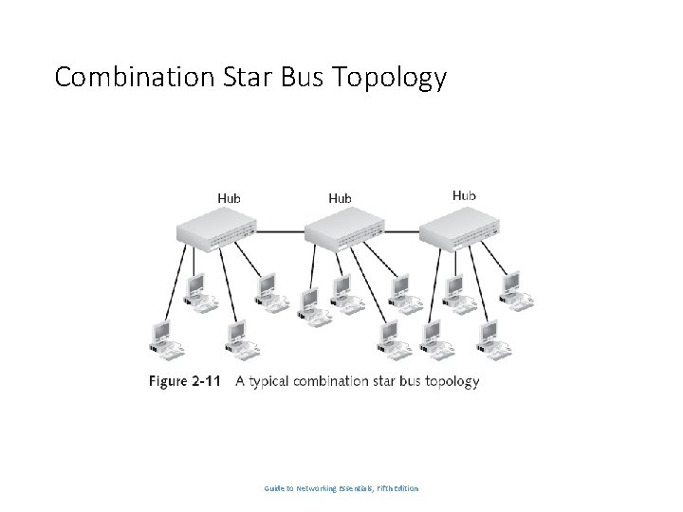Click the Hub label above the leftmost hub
[x=230, y=197]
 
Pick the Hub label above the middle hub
[x=340, y=197]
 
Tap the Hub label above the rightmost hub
[x=464, y=194]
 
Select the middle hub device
[x=342, y=229]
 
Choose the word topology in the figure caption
[x=451, y=382]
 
